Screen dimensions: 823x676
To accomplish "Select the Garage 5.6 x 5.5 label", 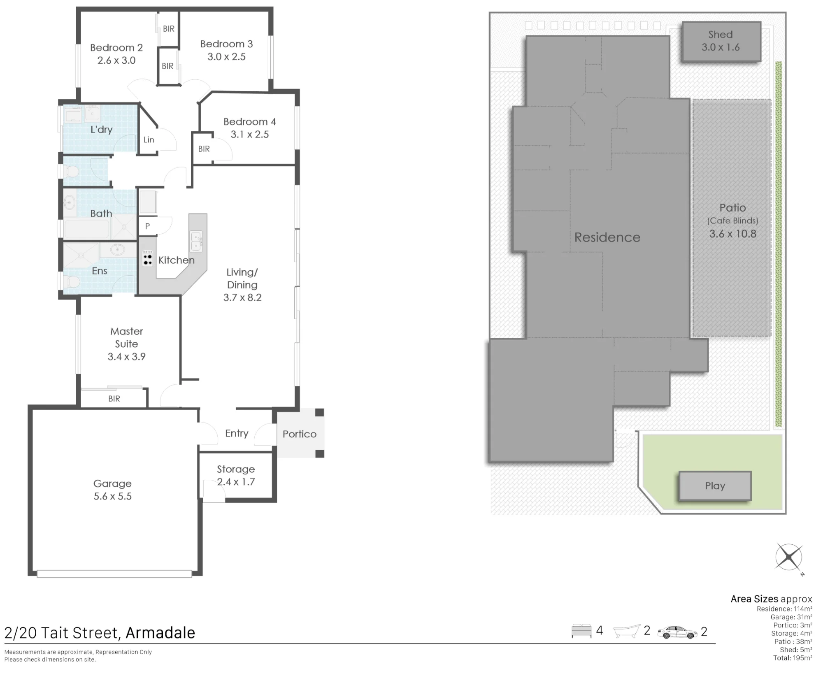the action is click(x=112, y=490).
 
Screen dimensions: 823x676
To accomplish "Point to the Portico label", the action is click(x=300, y=434).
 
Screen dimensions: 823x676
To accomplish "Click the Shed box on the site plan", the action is click(x=721, y=42).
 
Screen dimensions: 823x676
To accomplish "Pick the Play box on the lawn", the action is click(x=715, y=486).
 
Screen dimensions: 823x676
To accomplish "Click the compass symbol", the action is click(x=789, y=558).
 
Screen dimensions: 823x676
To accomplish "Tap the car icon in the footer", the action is click(x=677, y=632).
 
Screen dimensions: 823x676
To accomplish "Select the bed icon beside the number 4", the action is click(x=581, y=631).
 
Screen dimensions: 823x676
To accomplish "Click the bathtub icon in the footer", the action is click(x=627, y=631).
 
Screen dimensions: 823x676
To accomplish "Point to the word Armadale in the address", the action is click(x=160, y=633).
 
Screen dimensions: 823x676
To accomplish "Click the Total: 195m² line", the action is click(x=793, y=658).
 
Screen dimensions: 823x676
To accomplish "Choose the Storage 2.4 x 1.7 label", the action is click(x=236, y=476).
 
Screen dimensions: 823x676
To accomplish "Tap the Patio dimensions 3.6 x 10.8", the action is click(x=733, y=234).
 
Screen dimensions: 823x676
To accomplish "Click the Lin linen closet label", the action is click(x=149, y=140).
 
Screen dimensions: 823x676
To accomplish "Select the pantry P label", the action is click(x=147, y=226).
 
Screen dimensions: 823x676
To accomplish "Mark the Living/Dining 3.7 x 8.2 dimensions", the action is click(x=242, y=297).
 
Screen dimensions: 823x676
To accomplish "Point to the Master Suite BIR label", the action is click(x=114, y=399).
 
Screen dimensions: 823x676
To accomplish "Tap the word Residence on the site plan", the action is click(x=607, y=237).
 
